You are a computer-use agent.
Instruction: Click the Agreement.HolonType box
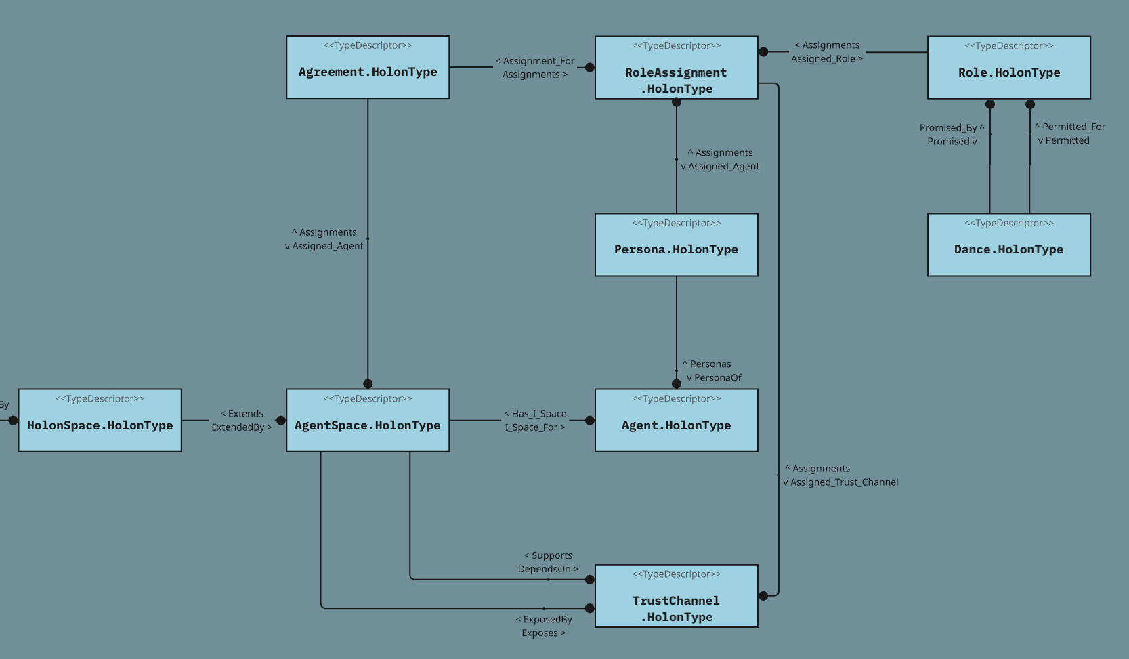coord(367,67)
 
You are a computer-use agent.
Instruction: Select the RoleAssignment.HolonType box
coord(676,68)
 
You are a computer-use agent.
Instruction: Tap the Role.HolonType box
coord(1008,68)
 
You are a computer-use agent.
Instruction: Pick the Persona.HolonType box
coord(676,245)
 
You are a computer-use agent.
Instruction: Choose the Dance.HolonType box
coord(1008,245)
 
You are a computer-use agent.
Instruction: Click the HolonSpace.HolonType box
coord(100,420)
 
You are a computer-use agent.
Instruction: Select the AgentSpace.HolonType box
coord(367,420)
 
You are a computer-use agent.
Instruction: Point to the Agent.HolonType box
coord(676,420)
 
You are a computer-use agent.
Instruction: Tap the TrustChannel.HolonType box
coord(676,596)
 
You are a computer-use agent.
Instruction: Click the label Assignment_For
coord(538,61)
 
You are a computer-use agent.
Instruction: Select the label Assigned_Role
coord(824,59)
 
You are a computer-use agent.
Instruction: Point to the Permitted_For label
coord(1073,127)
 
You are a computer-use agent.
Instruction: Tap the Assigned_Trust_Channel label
coord(844,482)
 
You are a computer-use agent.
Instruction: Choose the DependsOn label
coord(545,569)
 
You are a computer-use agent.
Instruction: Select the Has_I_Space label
coord(539,414)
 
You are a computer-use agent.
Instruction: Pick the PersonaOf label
coord(717,378)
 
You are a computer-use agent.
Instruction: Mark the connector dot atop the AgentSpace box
coord(368,383)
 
